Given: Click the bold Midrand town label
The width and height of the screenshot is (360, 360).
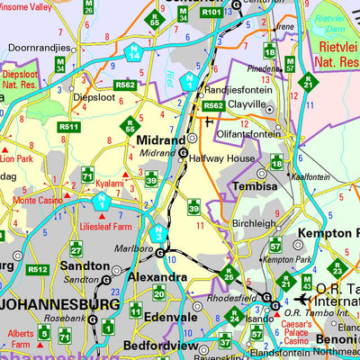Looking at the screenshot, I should [160, 140].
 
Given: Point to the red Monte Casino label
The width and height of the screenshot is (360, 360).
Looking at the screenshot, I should [38, 200].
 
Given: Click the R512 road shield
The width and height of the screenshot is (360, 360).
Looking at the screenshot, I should [37, 269].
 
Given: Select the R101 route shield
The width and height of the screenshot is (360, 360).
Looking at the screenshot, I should [211, 13].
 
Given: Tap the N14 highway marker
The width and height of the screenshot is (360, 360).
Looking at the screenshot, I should [133, 54].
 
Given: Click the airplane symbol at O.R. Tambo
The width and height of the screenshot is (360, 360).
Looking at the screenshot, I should [303, 300].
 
